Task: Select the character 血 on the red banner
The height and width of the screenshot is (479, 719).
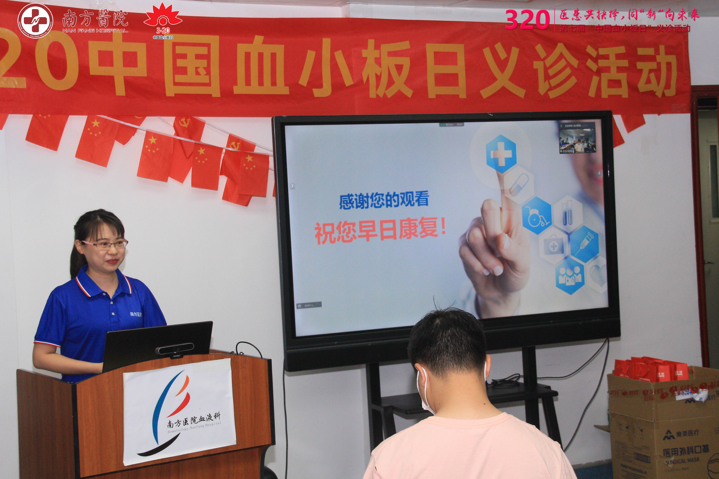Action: [260, 68]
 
